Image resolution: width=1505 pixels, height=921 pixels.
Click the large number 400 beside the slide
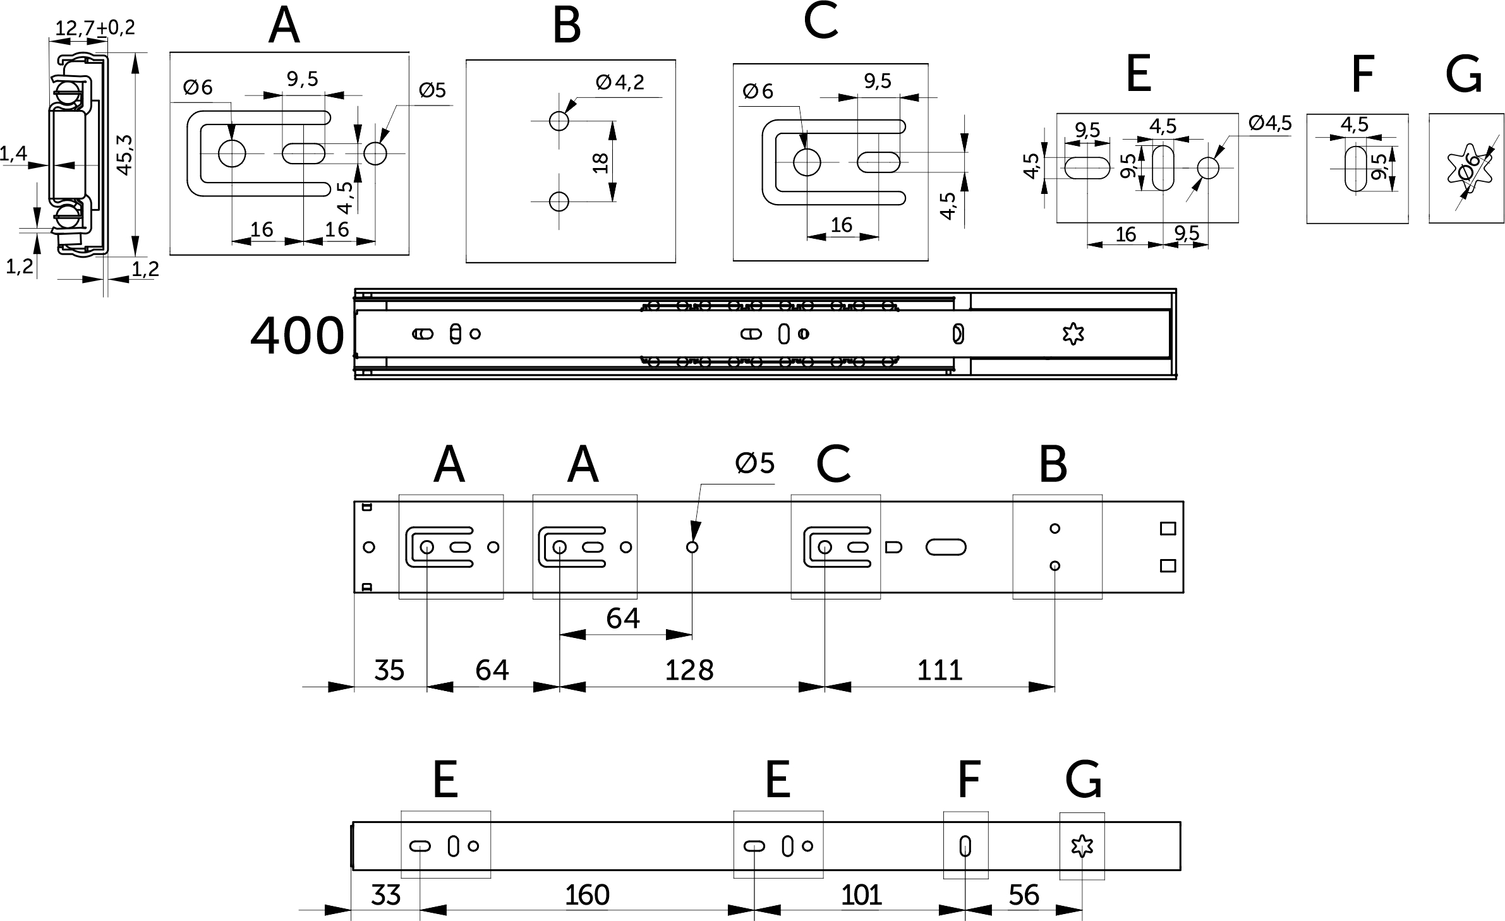tap(297, 337)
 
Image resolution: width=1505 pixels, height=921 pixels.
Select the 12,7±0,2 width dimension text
tap(95, 28)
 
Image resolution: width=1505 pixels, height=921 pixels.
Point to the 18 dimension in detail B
tap(601, 163)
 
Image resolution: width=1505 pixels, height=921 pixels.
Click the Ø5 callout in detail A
tap(432, 90)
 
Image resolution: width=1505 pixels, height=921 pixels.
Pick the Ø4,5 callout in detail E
tap(1270, 123)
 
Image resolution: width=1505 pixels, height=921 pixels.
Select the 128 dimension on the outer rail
tap(689, 670)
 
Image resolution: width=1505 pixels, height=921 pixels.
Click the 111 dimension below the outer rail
tap(940, 670)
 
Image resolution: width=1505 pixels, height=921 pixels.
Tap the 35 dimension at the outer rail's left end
tap(389, 670)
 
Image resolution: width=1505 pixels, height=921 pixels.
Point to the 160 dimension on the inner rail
tap(587, 895)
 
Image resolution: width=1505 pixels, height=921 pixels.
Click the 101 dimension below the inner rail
tap(861, 895)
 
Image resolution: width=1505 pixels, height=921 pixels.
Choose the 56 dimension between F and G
tap(1024, 895)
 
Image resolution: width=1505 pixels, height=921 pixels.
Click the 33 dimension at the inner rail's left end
tap(385, 895)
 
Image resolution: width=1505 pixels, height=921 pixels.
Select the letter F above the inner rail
tap(969, 780)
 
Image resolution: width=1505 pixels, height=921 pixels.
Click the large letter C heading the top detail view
tap(820, 22)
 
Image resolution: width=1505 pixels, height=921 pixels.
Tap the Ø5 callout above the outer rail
tap(754, 464)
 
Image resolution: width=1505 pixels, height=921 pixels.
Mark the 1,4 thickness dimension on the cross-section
tap(14, 153)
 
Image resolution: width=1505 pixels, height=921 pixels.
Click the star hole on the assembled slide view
tap(1073, 334)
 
